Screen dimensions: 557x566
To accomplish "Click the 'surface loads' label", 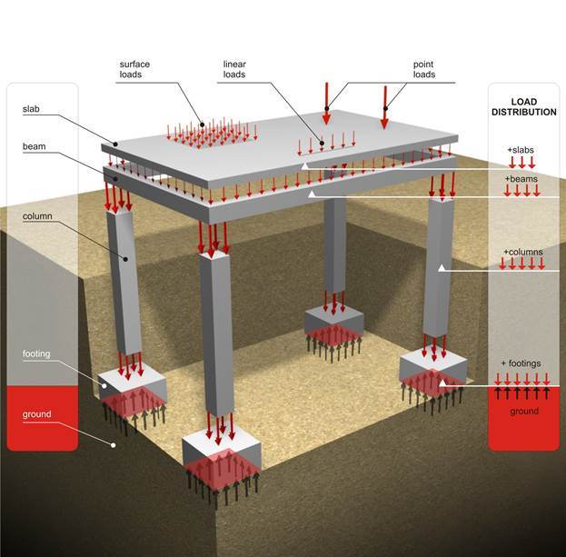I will tap(135, 69).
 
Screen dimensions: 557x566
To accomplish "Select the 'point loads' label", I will tap(423, 69).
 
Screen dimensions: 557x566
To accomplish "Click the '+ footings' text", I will tap(521, 363).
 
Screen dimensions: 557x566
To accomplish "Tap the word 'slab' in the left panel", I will tap(31, 109).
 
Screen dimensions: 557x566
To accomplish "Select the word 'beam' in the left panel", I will tap(34, 145).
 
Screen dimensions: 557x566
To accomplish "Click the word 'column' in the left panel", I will tap(38, 216).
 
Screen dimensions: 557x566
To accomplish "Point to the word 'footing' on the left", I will tap(37, 354).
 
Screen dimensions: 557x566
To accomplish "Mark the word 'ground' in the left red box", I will tap(37, 414).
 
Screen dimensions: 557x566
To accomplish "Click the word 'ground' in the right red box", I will tap(523, 411).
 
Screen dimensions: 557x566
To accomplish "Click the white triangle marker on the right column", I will tap(442, 267).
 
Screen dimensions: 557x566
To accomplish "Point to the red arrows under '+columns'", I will tap(522, 264).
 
